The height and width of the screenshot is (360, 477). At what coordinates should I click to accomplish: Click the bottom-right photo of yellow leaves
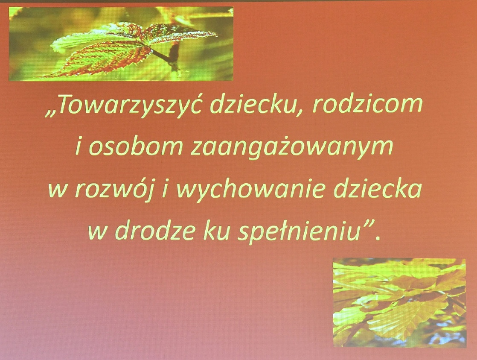[x=399, y=302]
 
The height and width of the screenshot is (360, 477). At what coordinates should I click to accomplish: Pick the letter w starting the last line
[x=98, y=234]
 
